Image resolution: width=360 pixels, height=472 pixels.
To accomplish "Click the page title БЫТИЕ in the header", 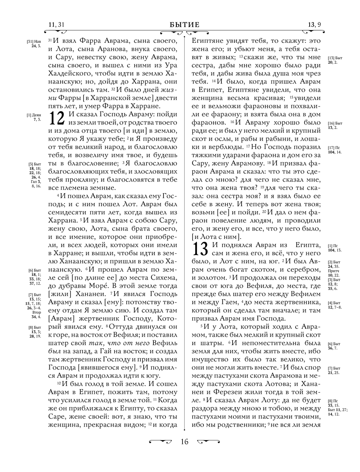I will pos(184,25).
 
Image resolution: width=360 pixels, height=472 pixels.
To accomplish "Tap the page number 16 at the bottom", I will pos(184,442).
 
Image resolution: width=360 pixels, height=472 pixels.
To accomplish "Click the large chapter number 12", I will pos(57,118).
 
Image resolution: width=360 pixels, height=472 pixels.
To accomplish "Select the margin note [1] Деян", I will pos(34,115).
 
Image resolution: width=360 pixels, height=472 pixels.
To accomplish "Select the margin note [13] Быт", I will pos(335,58).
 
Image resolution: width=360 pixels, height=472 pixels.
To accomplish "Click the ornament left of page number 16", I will pos(161,441).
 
